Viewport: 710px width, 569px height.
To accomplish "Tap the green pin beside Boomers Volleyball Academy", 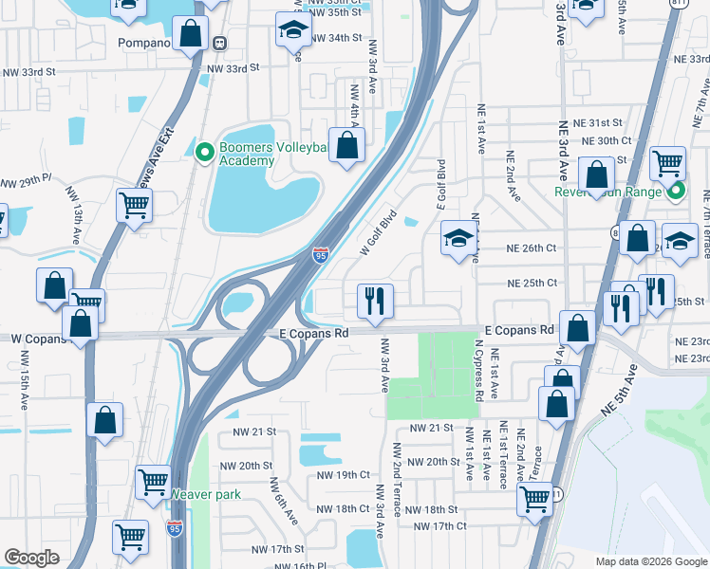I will click(x=203, y=151).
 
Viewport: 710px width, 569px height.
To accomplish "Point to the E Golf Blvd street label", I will click(x=440, y=186).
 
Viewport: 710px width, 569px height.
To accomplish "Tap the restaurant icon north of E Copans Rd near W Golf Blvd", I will click(x=375, y=301).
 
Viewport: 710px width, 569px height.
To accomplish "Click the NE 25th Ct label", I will click(x=532, y=283).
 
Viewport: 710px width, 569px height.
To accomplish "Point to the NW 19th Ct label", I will click(x=343, y=474).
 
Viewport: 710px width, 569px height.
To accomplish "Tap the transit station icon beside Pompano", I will click(x=219, y=43).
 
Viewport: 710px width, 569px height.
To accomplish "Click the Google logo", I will click(x=31, y=557).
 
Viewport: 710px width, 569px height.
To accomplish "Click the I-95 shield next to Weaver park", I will click(x=175, y=529).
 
